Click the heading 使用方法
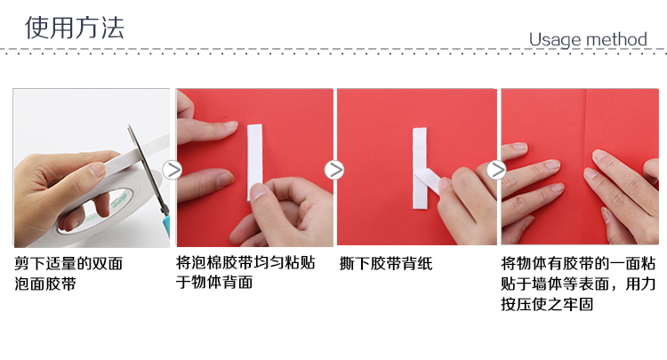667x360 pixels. pos(75,28)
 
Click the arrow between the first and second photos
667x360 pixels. pos(173,170)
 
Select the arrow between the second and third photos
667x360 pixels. pos(334,170)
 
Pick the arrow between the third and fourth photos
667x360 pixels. pos(496,170)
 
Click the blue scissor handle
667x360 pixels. pos(165,222)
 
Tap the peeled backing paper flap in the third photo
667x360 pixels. pos(428,180)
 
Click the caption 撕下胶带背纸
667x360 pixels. pos(386,263)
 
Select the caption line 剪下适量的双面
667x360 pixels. pos(68,263)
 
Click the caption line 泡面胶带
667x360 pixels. pos(45,284)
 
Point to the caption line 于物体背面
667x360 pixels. pos(215,282)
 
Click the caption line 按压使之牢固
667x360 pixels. pos(547,304)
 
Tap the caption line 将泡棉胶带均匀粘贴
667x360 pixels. pos(245,262)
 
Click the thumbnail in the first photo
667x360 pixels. pos(97,170)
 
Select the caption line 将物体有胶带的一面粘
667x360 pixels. pos(579,263)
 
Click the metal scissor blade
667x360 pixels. pos(146,165)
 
